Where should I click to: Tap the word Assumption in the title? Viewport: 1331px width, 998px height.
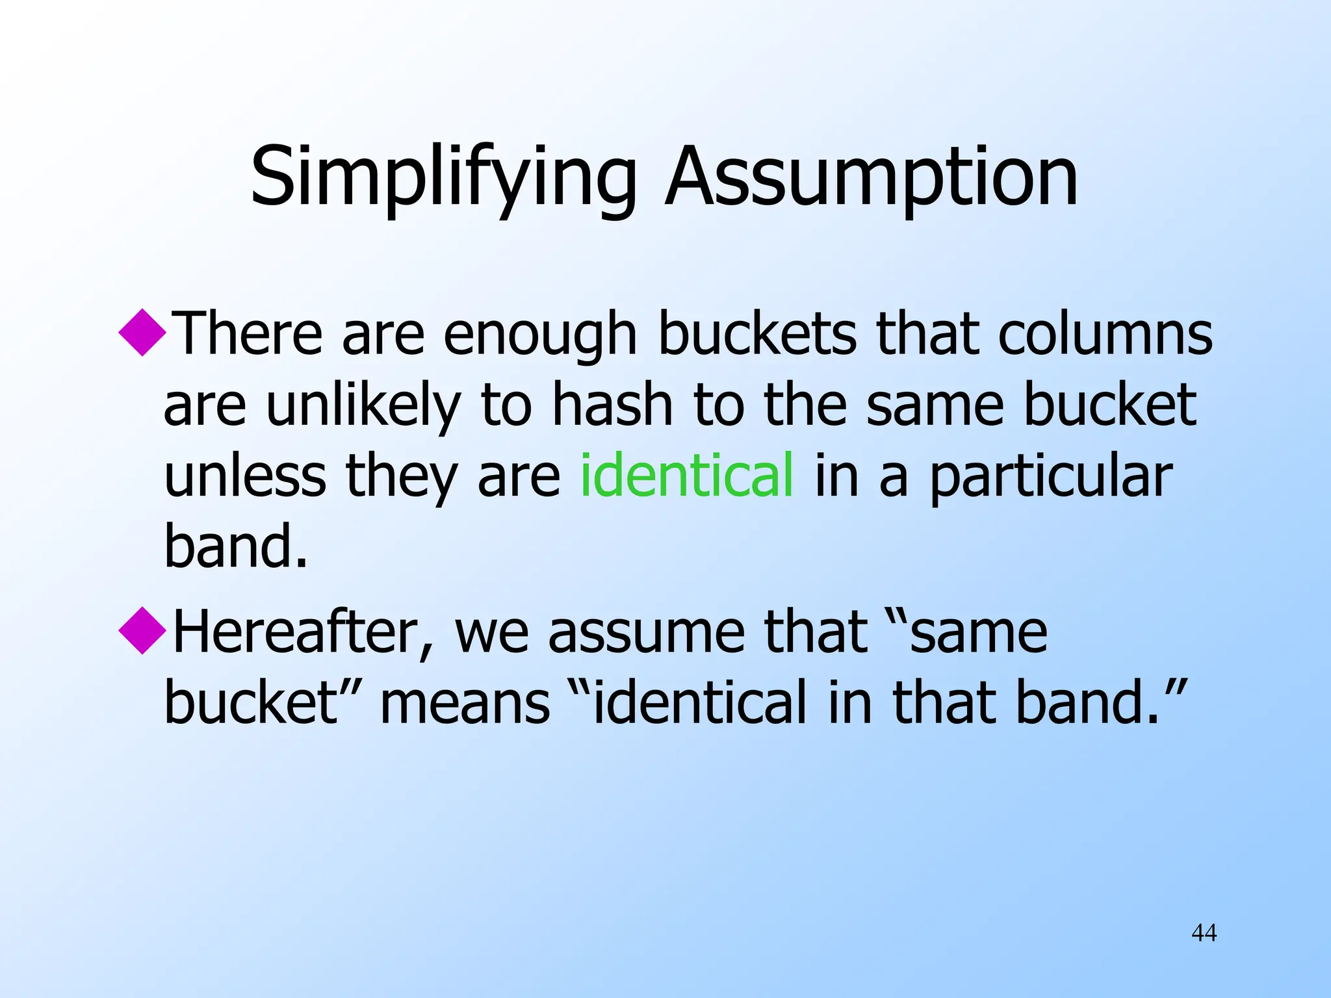point(871,177)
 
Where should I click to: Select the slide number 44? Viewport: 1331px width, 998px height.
point(1204,932)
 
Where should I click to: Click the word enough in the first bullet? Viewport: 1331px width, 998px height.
point(540,335)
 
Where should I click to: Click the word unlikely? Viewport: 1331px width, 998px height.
point(363,405)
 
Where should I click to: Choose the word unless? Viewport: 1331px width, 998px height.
point(245,475)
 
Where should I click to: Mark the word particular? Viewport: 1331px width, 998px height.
point(1051,476)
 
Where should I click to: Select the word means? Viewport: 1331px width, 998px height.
point(465,703)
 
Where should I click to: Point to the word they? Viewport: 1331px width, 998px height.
point(402,476)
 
